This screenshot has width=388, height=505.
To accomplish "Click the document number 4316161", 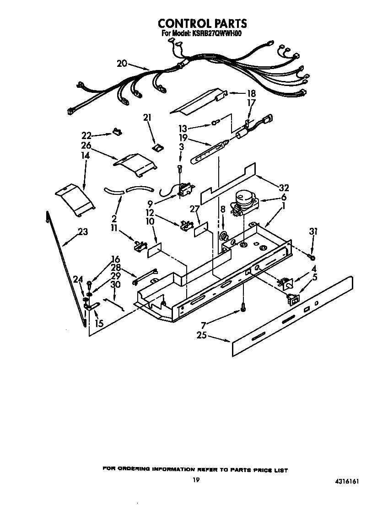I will point(353,481).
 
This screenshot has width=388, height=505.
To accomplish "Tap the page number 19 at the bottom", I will point(196,480).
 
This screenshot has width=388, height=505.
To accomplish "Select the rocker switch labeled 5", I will point(291,299).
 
